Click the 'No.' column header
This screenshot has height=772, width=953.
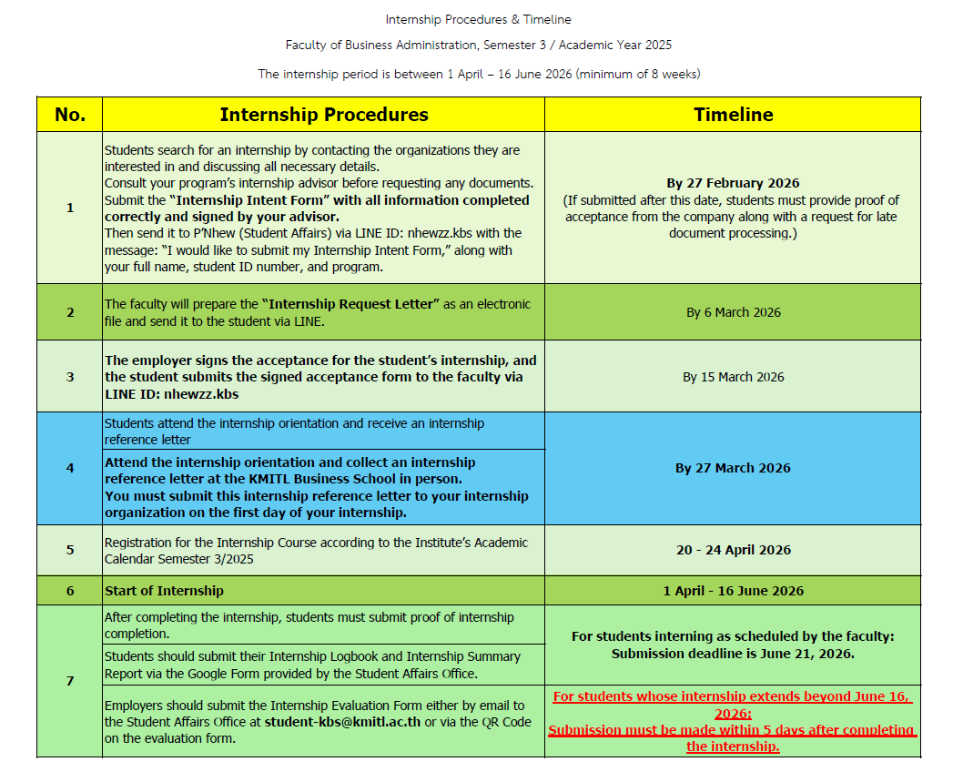tap(70, 115)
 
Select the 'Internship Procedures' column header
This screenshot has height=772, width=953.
tap(323, 115)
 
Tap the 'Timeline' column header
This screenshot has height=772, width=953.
tap(733, 115)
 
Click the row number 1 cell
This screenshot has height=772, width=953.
tap(70, 208)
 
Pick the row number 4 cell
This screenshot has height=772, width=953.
tap(70, 468)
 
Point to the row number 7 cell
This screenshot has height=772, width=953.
tap(70, 681)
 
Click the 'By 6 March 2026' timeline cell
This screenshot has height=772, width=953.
tap(733, 312)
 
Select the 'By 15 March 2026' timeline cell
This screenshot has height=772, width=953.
tap(733, 377)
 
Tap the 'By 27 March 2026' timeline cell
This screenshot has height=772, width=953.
tap(733, 468)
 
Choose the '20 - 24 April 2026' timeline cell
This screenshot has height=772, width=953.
tap(733, 550)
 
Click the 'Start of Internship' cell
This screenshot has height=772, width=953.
tap(164, 591)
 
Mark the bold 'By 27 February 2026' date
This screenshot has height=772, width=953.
tap(733, 183)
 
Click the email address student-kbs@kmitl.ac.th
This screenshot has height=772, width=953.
tap(342, 722)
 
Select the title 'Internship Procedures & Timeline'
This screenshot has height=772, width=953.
tap(478, 19)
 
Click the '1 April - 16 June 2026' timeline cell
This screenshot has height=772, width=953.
tap(733, 591)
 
